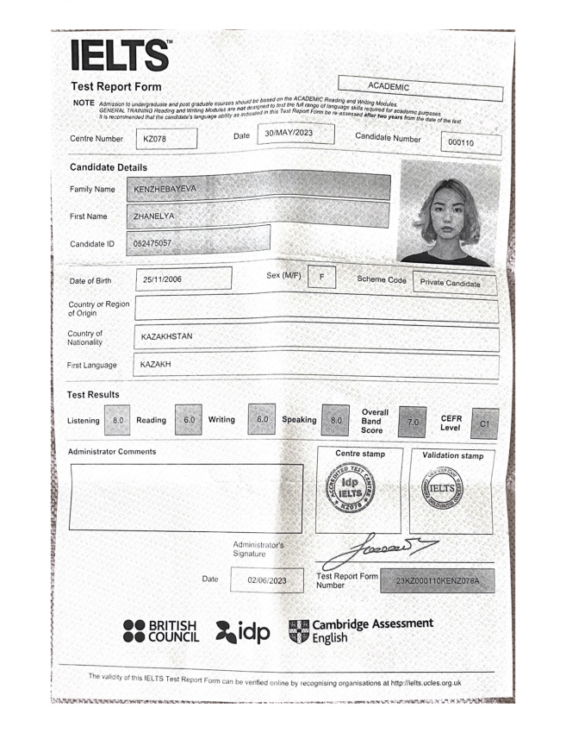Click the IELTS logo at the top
[121, 56]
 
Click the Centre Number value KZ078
[166, 139]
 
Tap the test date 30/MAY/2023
[288, 133]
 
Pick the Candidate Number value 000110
[470, 143]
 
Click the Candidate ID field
[198, 243]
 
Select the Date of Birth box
[183, 279]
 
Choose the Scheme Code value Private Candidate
[450, 283]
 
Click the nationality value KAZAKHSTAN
[167, 336]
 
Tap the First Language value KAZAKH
[156, 365]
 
